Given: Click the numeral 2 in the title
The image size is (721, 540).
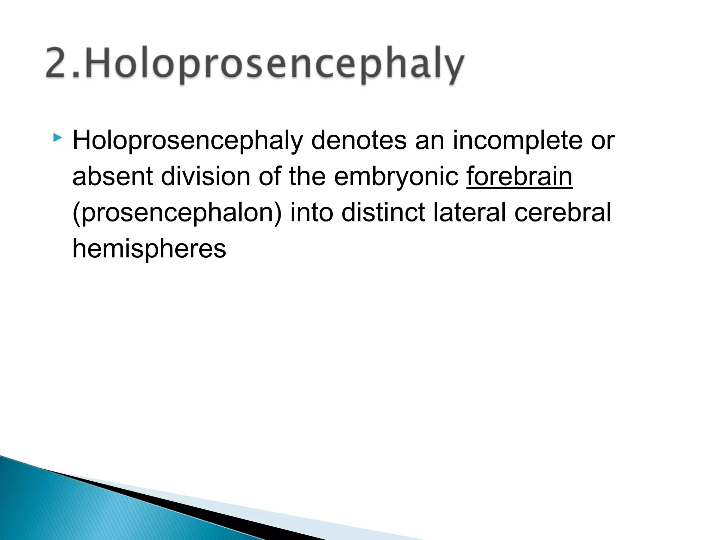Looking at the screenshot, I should point(58,63).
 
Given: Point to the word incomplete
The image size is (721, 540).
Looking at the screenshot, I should point(517,141).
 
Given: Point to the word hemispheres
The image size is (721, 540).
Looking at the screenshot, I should point(149,249).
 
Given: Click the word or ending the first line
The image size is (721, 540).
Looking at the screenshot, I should point(602,141).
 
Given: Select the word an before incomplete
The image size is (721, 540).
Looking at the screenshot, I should point(430,141).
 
